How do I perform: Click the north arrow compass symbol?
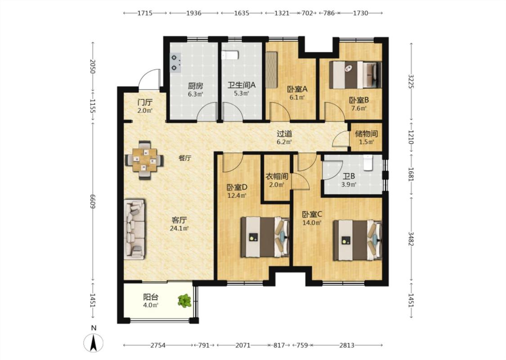tap(94, 342)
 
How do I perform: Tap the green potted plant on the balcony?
tap(184, 301)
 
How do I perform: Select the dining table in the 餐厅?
tap(144, 160)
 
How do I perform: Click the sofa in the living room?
tap(134, 229)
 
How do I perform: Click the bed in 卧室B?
tap(355, 75)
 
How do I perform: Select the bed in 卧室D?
tap(265, 237)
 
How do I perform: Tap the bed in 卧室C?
tap(358, 240)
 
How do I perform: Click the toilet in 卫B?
tap(367, 162)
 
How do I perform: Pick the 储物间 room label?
tap(366, 134)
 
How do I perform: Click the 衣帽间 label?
tap(277, 176)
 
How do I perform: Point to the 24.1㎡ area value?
tap(179, 229)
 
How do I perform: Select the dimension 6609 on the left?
tap(93, 202)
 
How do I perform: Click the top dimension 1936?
tap(193, 13)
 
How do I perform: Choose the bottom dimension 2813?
tap(347, 345)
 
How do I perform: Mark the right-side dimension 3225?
tap(411, 81)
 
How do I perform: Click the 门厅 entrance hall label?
tap(145, 103)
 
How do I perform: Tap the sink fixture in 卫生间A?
tap(230, 55)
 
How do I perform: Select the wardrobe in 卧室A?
tap(272, 69)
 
